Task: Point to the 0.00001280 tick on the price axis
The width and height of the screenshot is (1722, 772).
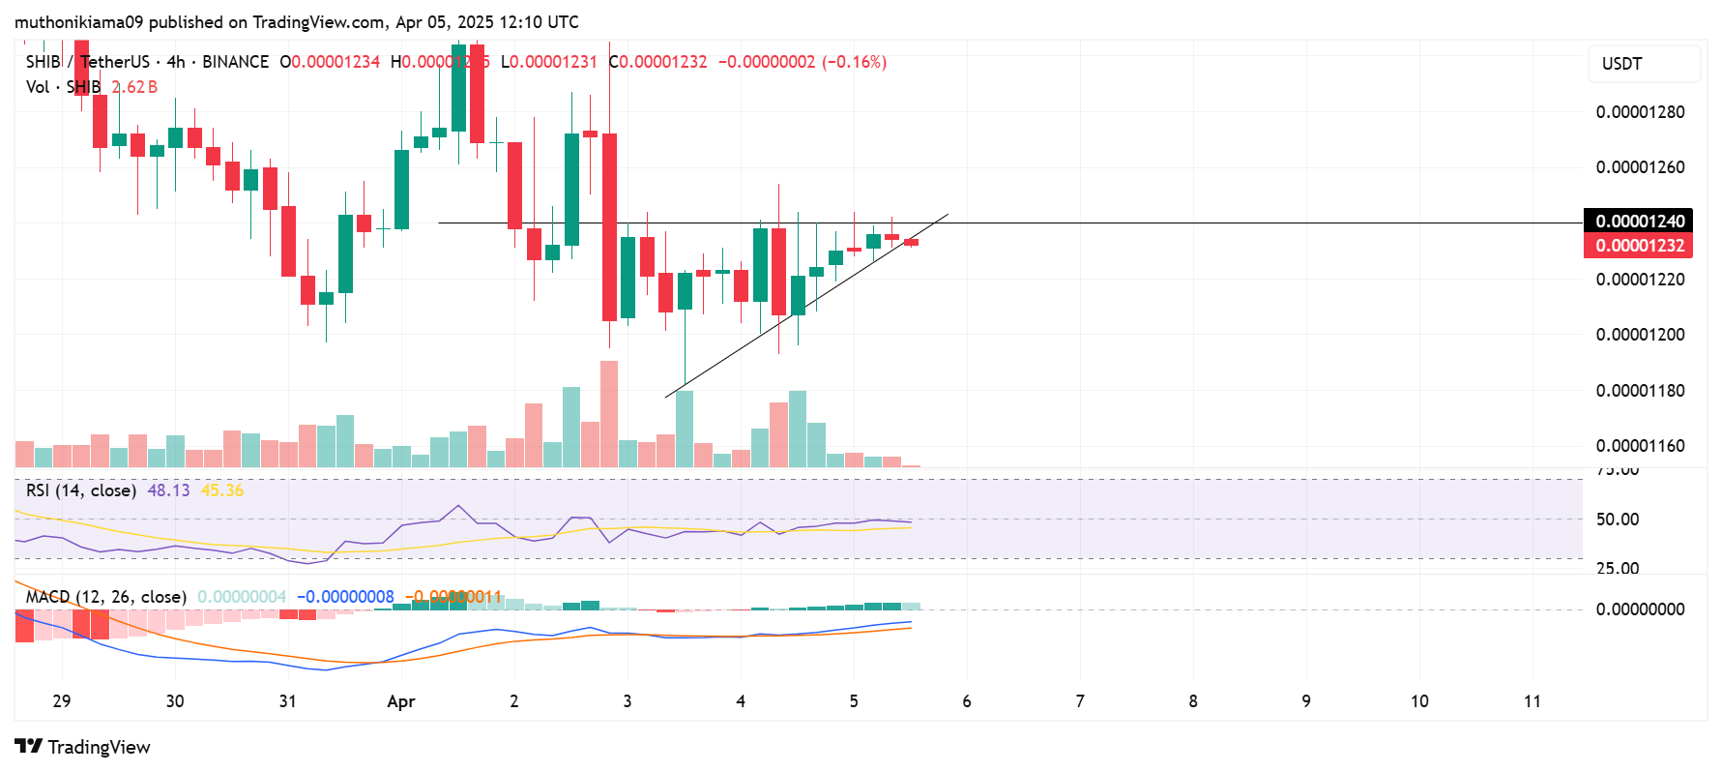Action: pos(1640,112)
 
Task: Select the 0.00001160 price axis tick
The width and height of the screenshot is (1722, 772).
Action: pos(1640,446)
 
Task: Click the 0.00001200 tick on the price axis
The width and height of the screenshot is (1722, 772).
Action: pos(1640,335)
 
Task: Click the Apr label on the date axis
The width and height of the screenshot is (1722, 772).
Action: pos(400,701)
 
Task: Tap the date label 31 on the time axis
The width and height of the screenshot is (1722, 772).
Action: pos(287,701)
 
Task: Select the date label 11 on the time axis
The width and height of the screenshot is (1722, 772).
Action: pos(1532,701)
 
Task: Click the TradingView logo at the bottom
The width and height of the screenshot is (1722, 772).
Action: pos(83,747)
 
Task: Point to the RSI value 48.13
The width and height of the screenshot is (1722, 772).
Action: pos(168,490)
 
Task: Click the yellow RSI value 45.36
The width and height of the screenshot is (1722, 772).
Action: pos(222,490)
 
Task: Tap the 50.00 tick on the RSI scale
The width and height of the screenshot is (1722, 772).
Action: pos(1617,520)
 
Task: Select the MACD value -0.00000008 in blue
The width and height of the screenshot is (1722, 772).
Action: pos(345,597)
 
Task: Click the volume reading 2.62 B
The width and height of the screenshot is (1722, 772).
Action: pos(134,87)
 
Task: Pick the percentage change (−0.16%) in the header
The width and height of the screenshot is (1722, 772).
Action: pos(854,62)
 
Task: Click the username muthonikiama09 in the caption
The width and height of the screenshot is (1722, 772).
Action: pos(78,21)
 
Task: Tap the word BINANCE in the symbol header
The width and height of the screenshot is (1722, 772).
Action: pos(235,62)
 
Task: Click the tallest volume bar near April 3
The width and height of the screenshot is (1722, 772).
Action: pos(609,414)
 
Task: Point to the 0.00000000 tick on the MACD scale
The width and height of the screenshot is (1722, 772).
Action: pos(1640,609)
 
